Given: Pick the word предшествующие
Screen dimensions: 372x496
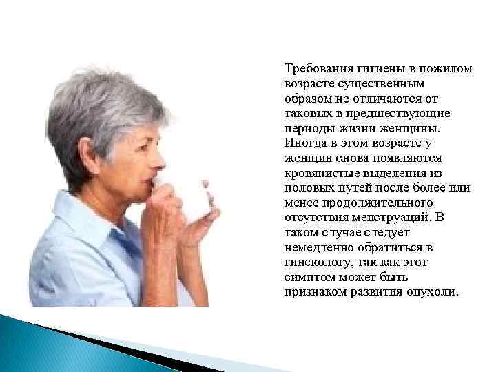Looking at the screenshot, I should [406, 112].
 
